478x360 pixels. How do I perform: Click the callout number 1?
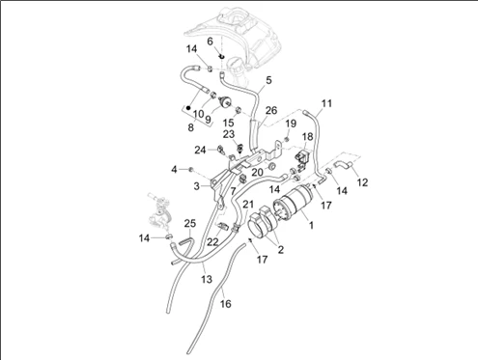[311, 225]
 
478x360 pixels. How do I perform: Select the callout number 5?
[268, 80]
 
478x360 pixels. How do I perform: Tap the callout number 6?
[210, 42]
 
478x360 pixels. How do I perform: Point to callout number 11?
[326, 103]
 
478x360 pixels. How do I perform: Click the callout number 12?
[362, 182]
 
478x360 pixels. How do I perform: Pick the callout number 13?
[207, 279]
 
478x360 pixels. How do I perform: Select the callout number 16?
[226, 303]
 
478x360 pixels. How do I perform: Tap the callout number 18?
[308, 136]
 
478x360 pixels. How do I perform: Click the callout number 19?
[291, 124]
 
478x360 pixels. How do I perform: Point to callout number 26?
[271, 110]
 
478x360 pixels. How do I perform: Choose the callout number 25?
[190, 223]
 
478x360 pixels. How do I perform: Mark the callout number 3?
[197, 186]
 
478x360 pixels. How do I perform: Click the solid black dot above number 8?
[188, 108]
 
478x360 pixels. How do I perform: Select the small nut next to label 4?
[190, 169]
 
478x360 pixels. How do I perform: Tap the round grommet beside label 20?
[271, 167]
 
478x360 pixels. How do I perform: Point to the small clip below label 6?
[221, 57]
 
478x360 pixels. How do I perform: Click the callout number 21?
[248, 204]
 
